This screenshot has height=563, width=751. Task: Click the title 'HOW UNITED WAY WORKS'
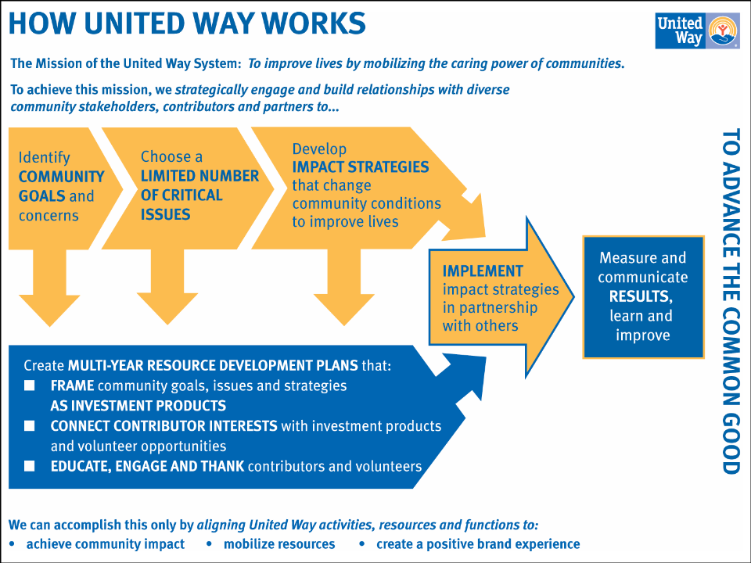pyautogui.click(x=187, y=23)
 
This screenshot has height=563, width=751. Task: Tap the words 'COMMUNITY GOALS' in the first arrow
pyautogui.click(x=61, y=186)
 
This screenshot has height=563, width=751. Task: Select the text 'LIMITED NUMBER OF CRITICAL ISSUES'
pyautogui.click(x=199, y=195)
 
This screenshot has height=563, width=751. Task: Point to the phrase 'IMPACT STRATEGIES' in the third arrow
pyautogui.click(x=360, y=167)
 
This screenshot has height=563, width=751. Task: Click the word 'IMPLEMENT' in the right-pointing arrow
pyautogui.click(x=483, y=271)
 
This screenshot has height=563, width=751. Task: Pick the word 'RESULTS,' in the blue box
pyautogui.click(x=641, y=297)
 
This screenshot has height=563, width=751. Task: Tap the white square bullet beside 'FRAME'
pyautogui.click(x=30, y=385)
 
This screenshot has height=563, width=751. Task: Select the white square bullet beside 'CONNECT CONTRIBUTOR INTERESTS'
pyautogui.click(x=30, y=426)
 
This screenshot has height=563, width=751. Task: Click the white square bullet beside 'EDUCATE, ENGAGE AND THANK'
pyautogui.click(x=30, y=467)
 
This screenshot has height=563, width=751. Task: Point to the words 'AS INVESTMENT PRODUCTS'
pyautogui.click(x=138, y=406)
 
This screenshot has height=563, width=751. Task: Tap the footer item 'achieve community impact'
pyautogui.click(x=106, y=544)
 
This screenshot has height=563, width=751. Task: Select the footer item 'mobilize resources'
pyautogui.click(x=279, y=544)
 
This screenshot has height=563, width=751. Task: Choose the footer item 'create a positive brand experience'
pyautogui.click(x=478, y=544)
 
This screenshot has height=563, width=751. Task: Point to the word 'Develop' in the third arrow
pyautogui.click(x=319, y=149)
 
